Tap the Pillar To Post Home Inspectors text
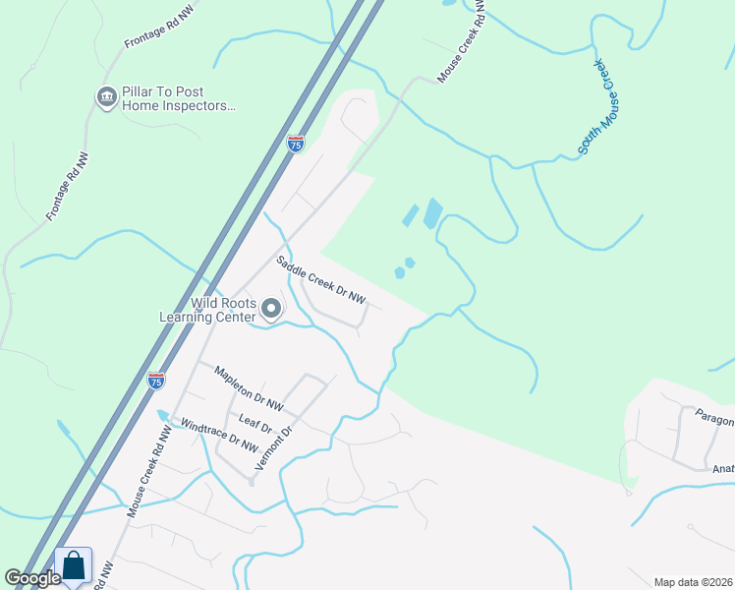(179, 101)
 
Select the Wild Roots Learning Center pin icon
(272, 310)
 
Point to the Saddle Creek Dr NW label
(320, 280)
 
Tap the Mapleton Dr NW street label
(250, 389)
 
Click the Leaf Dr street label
(254, 421)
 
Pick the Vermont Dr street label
(273, 448)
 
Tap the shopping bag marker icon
(74, 565)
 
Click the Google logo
(32, 577)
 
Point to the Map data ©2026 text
(693, 582)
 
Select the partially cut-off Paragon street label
(714, 419)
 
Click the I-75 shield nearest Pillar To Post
(296, 144)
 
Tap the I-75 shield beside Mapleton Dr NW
(155, 380)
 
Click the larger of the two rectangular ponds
(432, 213)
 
